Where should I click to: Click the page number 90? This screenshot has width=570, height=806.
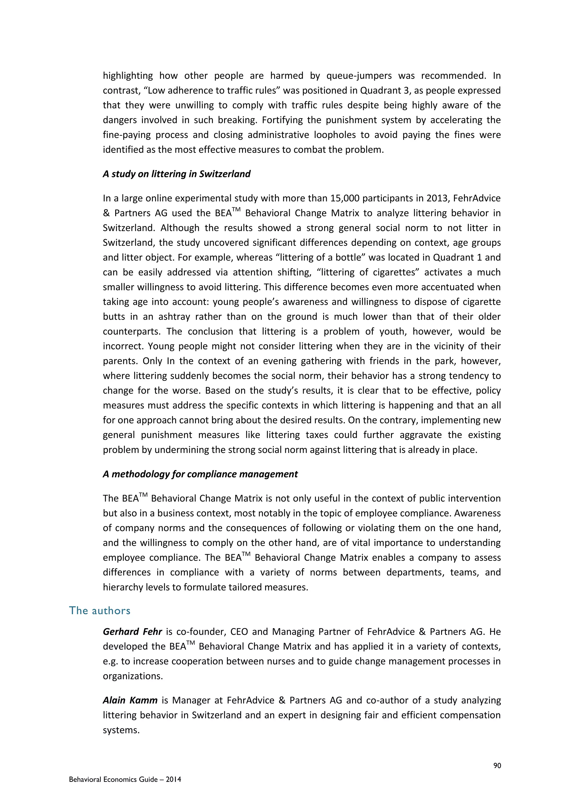(x=497, y=766)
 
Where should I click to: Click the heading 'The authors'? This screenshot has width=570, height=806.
(x=100, y=610)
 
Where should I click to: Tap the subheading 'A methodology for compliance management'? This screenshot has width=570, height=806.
(x=200, y=474)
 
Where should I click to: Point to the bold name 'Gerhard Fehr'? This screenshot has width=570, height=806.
(x=132, y=631)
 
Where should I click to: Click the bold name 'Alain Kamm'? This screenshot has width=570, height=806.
(x=130, y=700)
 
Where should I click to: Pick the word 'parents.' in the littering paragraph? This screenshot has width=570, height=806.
(x=118, y=361)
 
